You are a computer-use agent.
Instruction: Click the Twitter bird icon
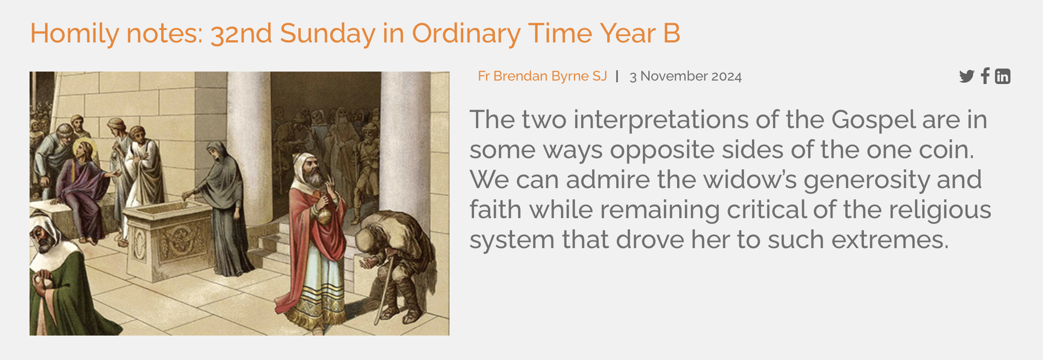966,76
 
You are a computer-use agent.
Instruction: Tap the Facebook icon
985,76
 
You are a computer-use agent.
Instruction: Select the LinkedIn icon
1002,76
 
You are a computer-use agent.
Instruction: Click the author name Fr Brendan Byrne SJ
542,76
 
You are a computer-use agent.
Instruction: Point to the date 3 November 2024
685,76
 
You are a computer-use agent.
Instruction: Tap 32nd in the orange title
241,33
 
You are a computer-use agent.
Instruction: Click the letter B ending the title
671,33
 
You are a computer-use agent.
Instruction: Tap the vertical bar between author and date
617,76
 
